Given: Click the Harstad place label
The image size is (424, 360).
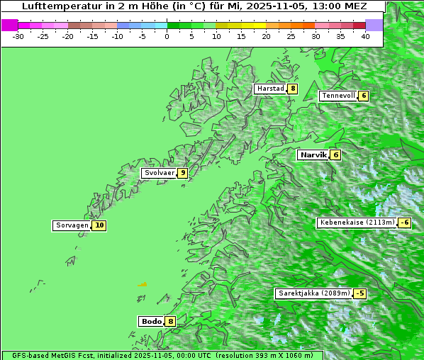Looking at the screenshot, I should pos(270,89).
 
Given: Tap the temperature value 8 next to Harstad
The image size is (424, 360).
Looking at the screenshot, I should pos(292,89).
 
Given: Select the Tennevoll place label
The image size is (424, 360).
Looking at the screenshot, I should pos(337,96).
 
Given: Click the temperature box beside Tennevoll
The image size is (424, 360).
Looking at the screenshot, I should pos(363,96).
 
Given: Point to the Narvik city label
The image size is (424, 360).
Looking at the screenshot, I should pos(313,154).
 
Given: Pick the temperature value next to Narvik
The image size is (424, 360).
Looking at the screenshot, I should pos(335,154).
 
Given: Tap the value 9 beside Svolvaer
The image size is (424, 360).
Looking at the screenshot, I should pos(182,173).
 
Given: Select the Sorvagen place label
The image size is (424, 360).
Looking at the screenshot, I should pos(72,225).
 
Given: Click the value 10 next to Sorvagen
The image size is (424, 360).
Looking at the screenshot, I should pos(99,225).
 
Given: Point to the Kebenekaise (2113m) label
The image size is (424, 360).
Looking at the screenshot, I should pos(357,223).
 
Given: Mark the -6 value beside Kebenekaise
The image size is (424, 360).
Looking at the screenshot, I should pos(404,223).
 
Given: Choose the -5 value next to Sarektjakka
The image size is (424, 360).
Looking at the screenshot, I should pos(360,293).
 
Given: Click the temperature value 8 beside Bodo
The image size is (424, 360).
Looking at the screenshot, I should pos(170,321).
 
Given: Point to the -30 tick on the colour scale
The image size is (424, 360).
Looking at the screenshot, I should pos(18,36).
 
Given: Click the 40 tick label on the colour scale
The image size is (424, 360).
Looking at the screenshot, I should pos(365,36).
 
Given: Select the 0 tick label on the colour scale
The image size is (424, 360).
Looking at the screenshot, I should pos(167,36).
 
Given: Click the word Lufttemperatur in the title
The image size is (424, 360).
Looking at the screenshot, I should pos(57,6).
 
